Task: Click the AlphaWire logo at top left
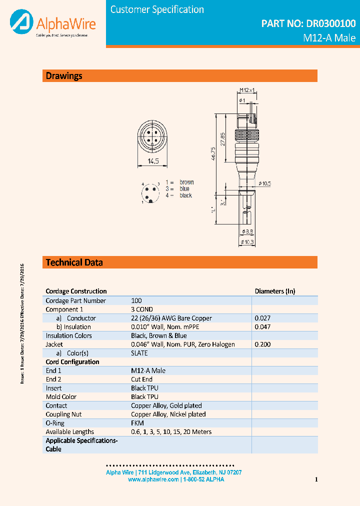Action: [x=52, y=24]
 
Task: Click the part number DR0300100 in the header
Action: [x=308, y=23]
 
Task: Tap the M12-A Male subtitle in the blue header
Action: [x=329, y=38]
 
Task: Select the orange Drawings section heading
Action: [x=64, y=76]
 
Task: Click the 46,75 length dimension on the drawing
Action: [x=213, y=154]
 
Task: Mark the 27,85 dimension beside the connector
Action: [x=223, y=138]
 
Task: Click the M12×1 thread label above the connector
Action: [x=246, y=90]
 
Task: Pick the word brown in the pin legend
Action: [x=186, y=182]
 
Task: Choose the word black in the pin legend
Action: [x=185, y=195]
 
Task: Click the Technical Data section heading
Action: [x=74, y=262]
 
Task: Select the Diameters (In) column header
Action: [x=275, y=291]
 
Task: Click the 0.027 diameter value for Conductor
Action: [x=262, y=318]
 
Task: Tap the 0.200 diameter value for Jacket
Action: [x=262, y=344]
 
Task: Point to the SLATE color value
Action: [x=139, y=353]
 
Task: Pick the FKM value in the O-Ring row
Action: [x=137, y=423]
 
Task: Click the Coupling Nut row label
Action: [x=63, y=414]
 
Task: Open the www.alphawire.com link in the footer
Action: [x=153, y=479]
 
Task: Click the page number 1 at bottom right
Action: [x=316, y=480]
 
